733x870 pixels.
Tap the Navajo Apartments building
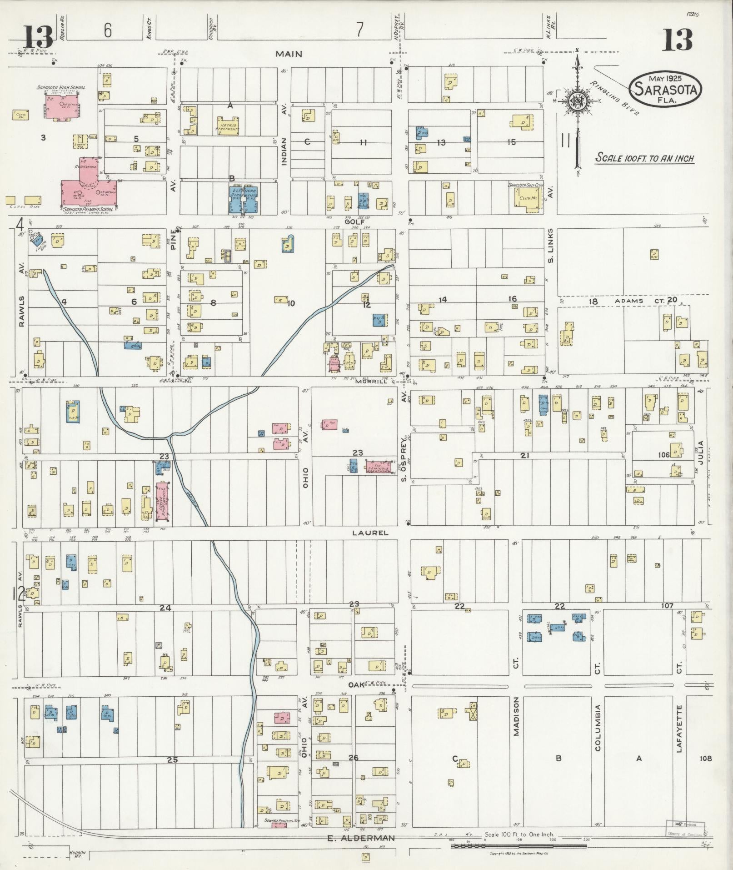coord(227,126)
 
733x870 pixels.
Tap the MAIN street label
coord(289,54)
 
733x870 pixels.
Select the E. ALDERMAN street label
coord(360,838)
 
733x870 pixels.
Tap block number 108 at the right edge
coord(705,758)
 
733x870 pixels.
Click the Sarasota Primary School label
coord(87,209)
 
